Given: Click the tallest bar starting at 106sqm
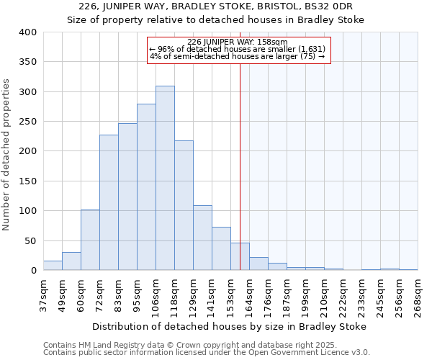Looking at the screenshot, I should point(165,178).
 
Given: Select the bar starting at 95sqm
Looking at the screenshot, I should point(146,187).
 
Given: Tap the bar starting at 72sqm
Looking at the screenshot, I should point(109,202).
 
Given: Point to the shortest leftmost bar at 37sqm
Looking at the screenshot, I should point(53,265).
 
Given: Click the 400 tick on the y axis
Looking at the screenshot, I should point(27,32).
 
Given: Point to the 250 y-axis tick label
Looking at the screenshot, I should point(27,122).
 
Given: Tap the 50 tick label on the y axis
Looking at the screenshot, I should point(30,240).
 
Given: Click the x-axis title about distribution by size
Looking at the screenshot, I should point(230,326).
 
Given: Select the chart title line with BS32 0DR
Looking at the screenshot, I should point(215,7).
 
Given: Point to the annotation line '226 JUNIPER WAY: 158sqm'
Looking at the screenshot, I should point(237,42).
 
